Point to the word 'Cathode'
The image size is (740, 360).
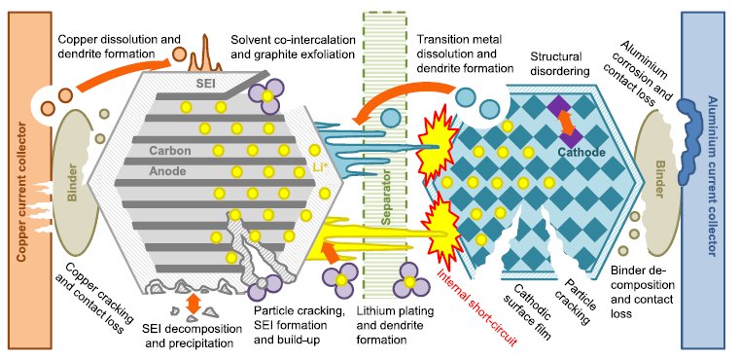(581, 152)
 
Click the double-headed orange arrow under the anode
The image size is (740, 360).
(193, 304)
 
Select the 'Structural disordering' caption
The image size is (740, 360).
(560, 64)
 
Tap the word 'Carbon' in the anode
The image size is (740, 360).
(170, 151)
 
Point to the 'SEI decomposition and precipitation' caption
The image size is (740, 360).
(189, 335)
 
